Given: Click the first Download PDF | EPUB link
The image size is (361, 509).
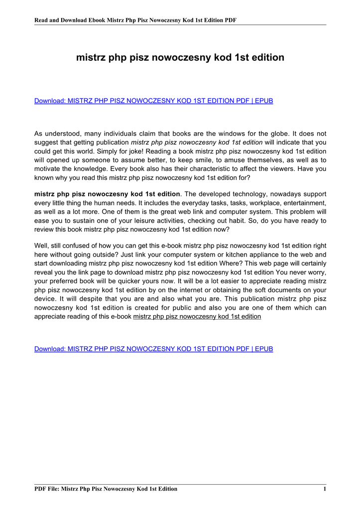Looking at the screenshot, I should (x=153, y=101).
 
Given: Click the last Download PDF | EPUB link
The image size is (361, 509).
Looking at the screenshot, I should (x=153, y=349).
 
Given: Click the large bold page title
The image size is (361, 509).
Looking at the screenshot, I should (x=180, y=58).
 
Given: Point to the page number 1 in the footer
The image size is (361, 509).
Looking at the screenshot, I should (x=324, y=489).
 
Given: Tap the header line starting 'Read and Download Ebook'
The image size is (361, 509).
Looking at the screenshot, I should (x=135, y=20).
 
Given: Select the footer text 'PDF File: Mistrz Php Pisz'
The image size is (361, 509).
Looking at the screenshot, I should (x=106, y=489).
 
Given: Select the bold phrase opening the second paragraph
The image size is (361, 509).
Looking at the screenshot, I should (x=107, y=194).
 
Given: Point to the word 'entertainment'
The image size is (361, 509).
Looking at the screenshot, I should (x=304, y=203).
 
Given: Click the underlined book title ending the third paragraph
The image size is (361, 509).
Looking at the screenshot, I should (x=197, y=317).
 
